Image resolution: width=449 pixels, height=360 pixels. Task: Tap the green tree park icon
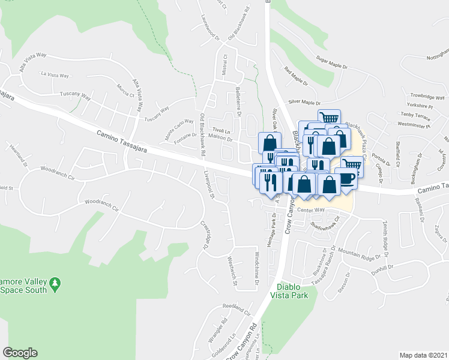pyautogui.click(x=55, y=282)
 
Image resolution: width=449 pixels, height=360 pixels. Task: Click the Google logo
pyautogui.click(x=20, y=353)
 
